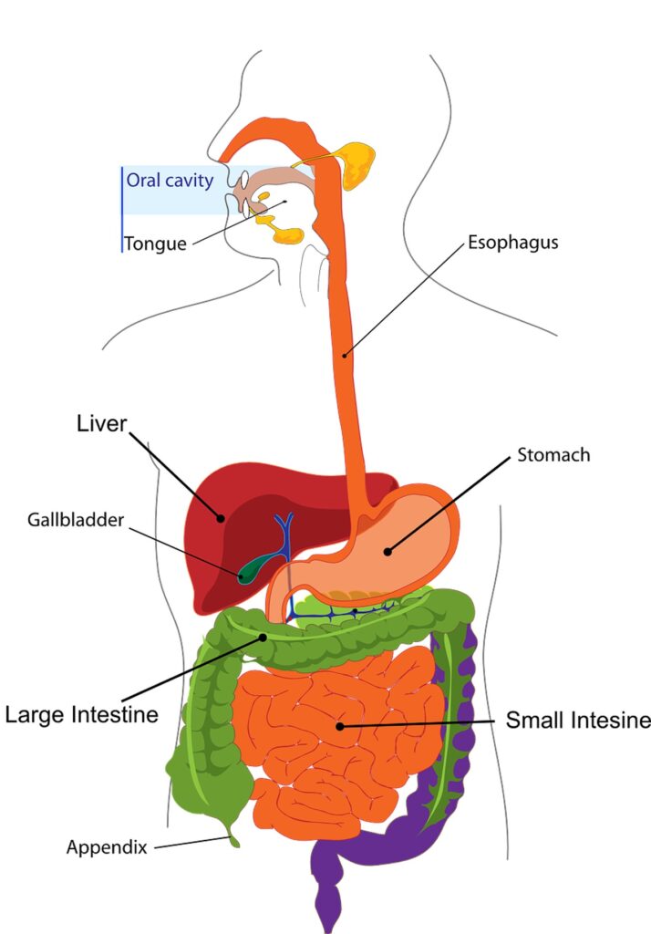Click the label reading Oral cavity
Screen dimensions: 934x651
click(170, 180)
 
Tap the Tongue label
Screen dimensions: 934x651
click(155, 244)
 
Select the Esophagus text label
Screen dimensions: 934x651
click(512, 243)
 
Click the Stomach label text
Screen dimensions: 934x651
click(553, 454)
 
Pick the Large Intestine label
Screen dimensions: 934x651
click(81, 713)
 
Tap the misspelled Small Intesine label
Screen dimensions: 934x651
click(578, 721)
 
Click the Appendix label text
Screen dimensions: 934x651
click(107, 847)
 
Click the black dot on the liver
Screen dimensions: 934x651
click(220, 519)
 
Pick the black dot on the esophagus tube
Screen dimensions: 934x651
click(345, 356)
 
